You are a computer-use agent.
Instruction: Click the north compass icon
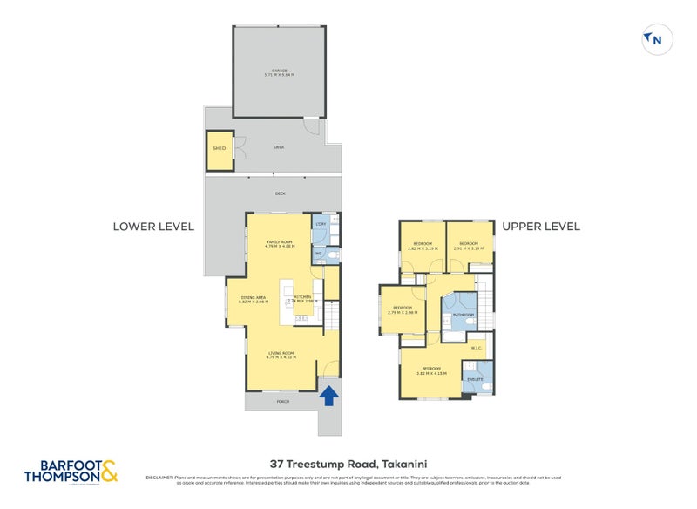coord(653,39)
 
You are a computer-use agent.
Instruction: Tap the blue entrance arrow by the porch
coord(328,397)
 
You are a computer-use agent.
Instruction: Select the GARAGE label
coord(279,71)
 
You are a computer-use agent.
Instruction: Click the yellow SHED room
coord(219,148)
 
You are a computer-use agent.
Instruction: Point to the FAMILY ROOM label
coord(280,244)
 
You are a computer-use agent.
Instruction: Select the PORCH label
coord(281,402)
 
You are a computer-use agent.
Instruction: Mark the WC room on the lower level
coord(319,254)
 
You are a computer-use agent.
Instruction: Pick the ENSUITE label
coord(476,380)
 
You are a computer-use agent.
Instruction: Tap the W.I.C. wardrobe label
coord(476,348)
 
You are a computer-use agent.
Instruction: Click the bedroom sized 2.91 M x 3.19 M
coord(469,246)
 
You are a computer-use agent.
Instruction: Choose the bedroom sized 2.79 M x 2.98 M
coord(402,310)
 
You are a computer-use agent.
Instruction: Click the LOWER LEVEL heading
coord(153,227)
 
